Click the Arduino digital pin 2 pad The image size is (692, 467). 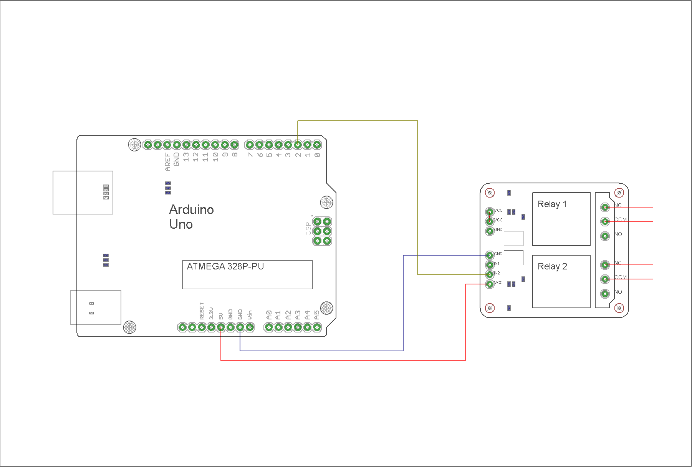[x=298, y=145]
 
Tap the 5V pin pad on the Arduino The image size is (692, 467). [x=221, y=327]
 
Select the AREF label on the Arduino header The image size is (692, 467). [x=167, y=162]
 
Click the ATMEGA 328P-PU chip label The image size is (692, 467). [x=225, y=266]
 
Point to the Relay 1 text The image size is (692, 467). [x=552, y=204]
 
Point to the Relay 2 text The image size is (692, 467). [x=552, y=266]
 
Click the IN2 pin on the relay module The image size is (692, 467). [x=490, y=274]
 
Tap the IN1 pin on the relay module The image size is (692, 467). [x=490, y=265]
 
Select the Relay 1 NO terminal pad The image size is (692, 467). [x=605, y=236]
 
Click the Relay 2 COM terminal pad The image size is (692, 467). [x=605, y=279]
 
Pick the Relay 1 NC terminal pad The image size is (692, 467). [x=605, y=207]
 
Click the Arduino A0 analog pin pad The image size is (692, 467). [x=269, y=327]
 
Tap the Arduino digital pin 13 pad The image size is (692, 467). [x=186, y=145]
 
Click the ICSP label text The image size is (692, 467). [x=308, y=229]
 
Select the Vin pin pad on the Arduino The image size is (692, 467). [x=250, y=327]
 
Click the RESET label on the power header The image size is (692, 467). [x=202, y=311]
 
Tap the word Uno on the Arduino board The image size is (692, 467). [x=181, y=224]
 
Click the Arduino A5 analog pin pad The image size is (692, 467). [x=317, y=327]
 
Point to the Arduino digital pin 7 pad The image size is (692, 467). [x=250, y=145]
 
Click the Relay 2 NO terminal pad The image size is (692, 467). [x=605, y=294]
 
